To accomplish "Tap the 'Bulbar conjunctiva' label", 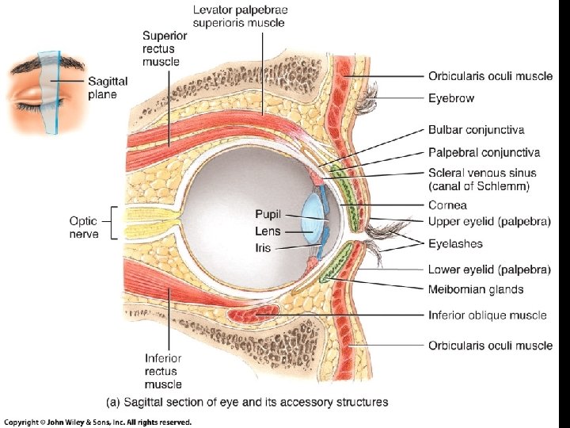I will pyautogui.click(x=476, y=129).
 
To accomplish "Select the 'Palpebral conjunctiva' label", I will pyautogui.click(x=484, y=152).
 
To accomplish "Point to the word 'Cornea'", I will pyautogui.click(x=446, y=205).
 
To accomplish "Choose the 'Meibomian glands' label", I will pyautogui.click(x=476, y=289).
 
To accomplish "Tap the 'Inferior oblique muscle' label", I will pyautogui.click(x=487, y=315).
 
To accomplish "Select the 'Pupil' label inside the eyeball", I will pyautogui.click(x=268, y=214).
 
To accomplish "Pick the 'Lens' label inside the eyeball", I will pyautogui.click(x=268, y=231).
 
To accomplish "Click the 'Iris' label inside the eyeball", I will pyautogui.click(x=263, y=248).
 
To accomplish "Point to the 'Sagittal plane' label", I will pyautogui.click(x=108, y=88).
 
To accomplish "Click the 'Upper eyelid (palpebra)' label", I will pyautogui.click(x=489, y=222).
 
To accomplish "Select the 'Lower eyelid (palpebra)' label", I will pyautogui.click(x=489, y=269).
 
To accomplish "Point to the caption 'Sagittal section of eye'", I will pyautogui.click(x=247, y=402).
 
